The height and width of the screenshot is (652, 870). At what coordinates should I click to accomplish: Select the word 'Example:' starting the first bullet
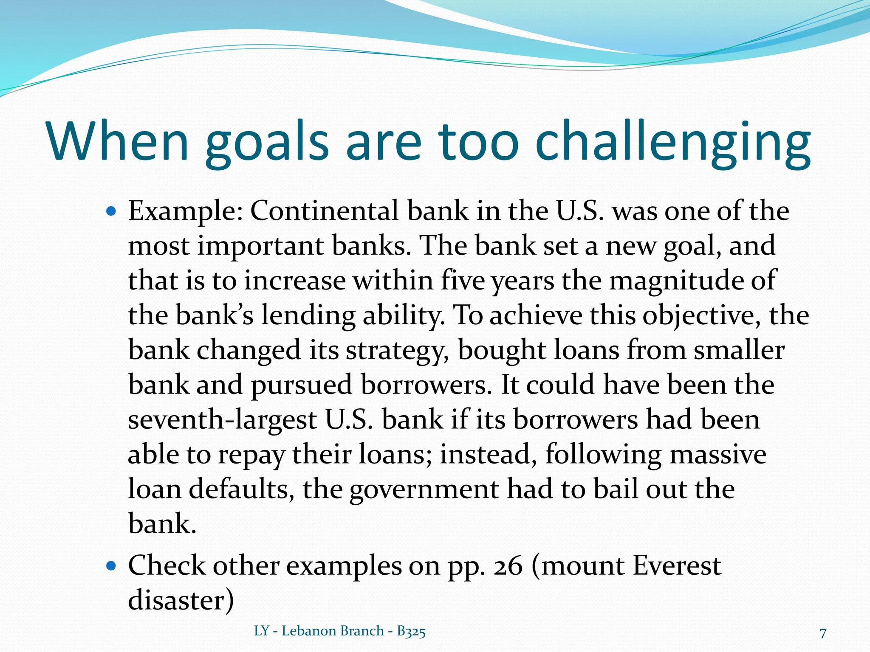(186, 211)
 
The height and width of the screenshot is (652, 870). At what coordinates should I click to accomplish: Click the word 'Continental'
(325, 211)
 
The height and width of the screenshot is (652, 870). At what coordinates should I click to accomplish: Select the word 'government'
(424, 490)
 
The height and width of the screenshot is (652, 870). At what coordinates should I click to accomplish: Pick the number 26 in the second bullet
(508, 566)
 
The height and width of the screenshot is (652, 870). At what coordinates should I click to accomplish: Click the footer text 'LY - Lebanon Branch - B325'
(340, 631)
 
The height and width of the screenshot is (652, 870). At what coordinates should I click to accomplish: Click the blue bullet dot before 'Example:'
(111, 211)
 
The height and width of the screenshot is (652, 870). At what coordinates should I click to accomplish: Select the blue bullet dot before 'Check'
(111, 566)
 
